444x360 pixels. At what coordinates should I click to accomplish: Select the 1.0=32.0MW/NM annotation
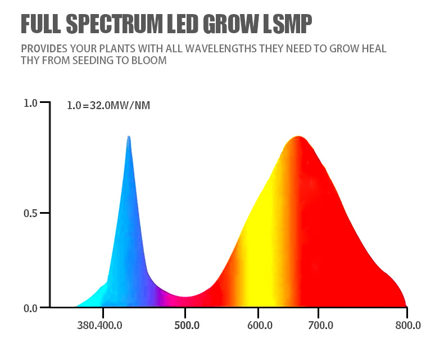tap(108, 105)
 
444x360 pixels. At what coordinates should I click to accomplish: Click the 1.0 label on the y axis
tap(30, 103)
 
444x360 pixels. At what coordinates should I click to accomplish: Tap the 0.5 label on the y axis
tap(30, 213)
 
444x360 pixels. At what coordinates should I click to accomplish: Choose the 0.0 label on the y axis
tap(30, 308)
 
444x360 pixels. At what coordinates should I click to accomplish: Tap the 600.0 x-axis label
tap(260, 326)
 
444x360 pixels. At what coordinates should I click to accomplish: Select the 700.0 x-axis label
tap(321, 326)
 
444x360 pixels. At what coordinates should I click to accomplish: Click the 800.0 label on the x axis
tap(408, 326)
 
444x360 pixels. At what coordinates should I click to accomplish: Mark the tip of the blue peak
tap(129, 137)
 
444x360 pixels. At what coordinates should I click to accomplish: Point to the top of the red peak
tap(299, 137)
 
